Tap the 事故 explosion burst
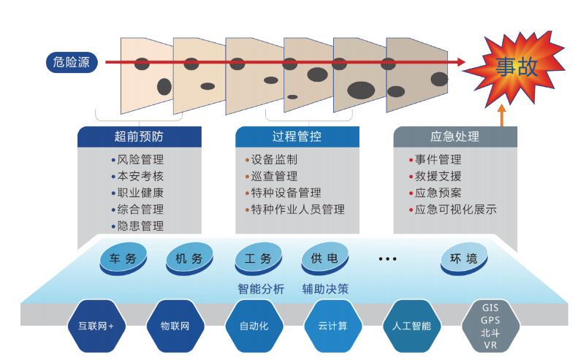(517, 67)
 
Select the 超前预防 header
(139, 137)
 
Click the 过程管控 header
(297, 137)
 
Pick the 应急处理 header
(454, 137)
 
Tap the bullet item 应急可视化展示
(455, 210)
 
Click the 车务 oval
(123, 258)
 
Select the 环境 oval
(463, 258)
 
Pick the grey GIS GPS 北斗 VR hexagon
(490, 326)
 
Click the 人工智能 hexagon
(411, 326)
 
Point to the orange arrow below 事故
(502, 115)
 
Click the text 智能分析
(261, 288)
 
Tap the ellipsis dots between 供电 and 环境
(387, 259)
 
